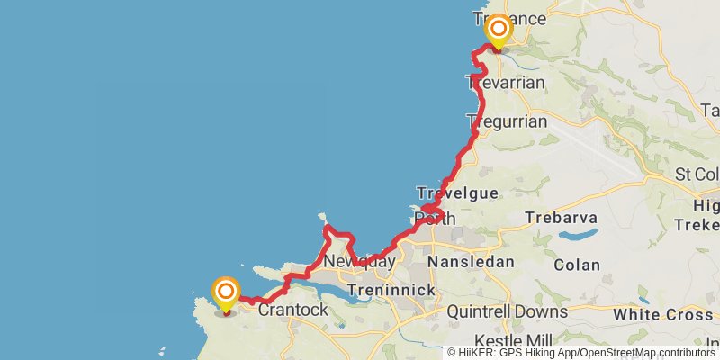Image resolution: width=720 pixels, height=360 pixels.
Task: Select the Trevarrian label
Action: click(x=506, y=83)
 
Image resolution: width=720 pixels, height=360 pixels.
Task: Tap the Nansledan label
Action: click(x=471, y=262)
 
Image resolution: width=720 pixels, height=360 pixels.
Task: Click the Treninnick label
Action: click(x=392, y=290)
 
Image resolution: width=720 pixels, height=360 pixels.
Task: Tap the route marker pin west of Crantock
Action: click(x=226, y=292)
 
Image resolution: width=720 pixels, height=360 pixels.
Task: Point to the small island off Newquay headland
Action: click(x=322, y=217)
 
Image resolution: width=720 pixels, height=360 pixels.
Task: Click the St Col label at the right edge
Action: click(x=698, y=174)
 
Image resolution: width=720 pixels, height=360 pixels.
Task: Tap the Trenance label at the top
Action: click(x=509, y=18)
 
